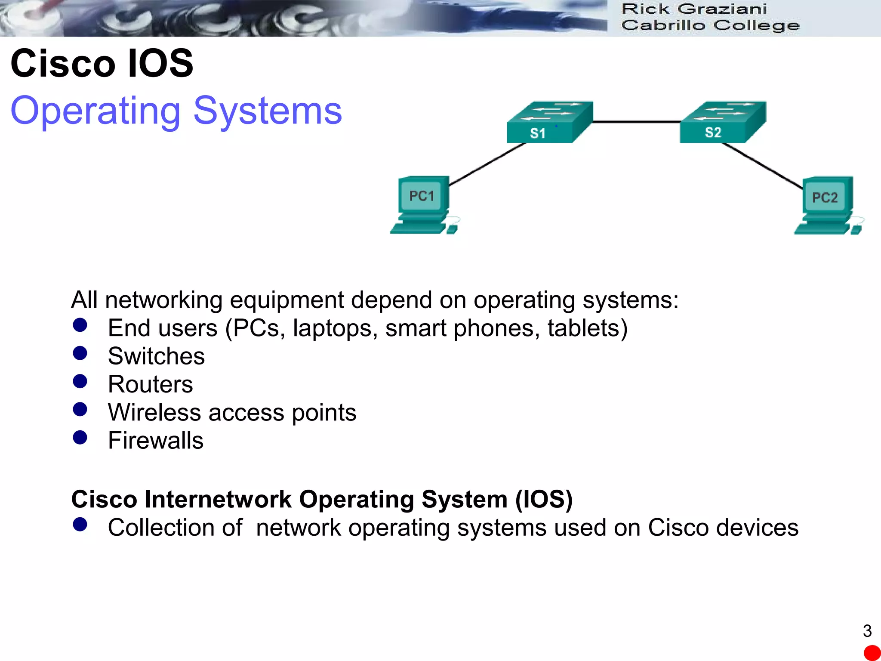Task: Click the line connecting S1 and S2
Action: pos(637,122)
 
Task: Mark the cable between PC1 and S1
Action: pos(487,164)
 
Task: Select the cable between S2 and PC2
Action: pos(762,166)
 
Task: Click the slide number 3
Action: pos(867,631)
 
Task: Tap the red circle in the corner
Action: pos(872,653)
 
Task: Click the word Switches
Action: pos(156,356)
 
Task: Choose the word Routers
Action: pos(150,384)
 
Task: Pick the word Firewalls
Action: pos(155,441)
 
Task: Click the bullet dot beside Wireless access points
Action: pos(80,409)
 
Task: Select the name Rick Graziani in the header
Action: pos(694,9)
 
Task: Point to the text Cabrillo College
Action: pos(710,25)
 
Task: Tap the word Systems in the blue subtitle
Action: pos(268,111)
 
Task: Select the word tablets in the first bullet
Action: pos(587,328)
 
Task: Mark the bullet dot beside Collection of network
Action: pos(80,524)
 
